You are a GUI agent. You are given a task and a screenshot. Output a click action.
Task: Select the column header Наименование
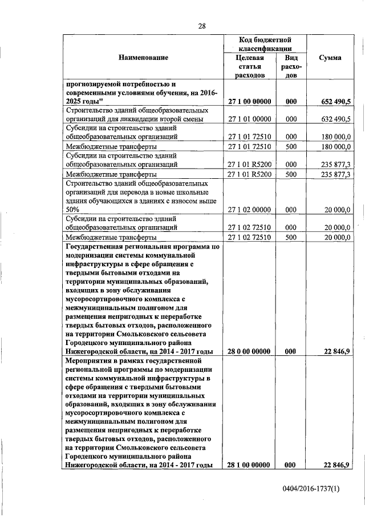[144, 57]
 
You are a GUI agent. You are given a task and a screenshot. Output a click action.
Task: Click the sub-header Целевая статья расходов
[250, 66]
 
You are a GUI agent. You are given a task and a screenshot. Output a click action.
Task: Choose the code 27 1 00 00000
[250, 101]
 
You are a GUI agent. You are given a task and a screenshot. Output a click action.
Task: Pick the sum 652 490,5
[334, 101]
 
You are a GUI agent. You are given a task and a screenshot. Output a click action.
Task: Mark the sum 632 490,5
[335, 119]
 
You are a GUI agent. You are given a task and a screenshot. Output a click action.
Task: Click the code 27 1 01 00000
[250, 119]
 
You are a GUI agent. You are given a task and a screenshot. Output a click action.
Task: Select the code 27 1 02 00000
[250, 210]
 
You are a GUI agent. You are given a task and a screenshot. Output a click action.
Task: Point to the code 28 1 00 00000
[250, 465]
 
